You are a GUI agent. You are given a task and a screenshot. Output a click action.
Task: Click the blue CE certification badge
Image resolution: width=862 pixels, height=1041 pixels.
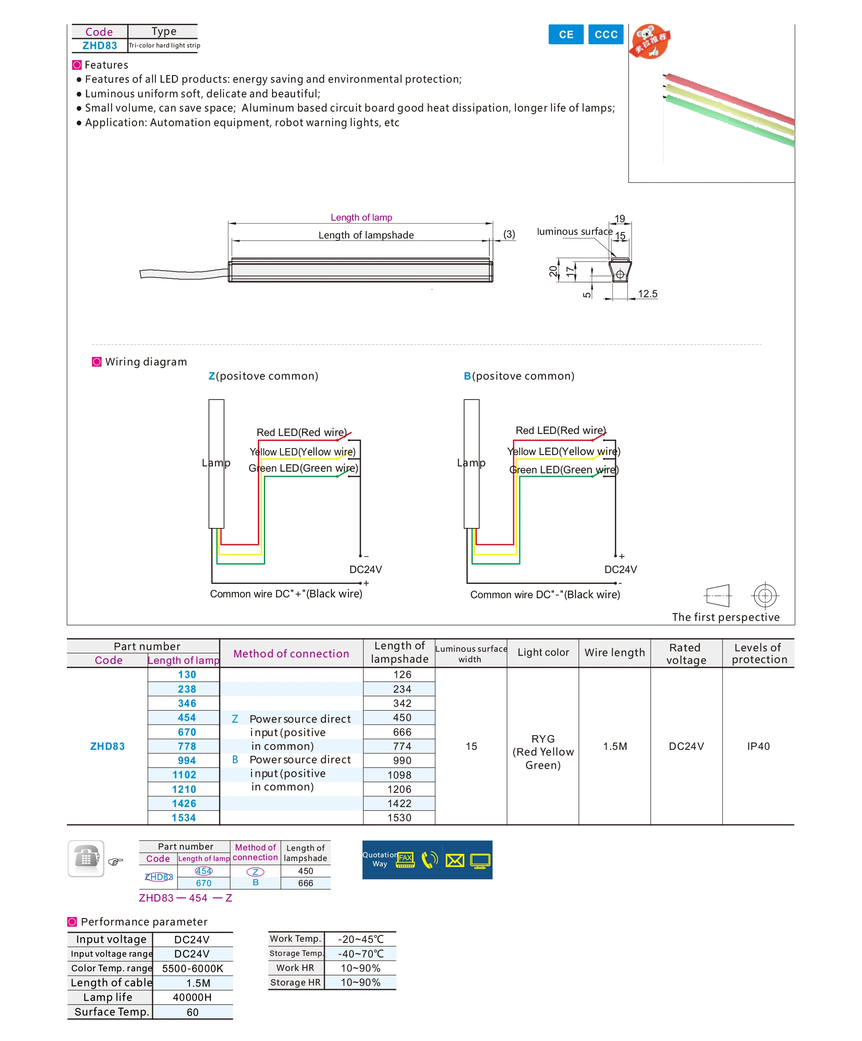click(x=566, y=34)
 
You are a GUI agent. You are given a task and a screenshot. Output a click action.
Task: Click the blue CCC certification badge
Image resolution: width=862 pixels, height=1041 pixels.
click(x=606, y=34)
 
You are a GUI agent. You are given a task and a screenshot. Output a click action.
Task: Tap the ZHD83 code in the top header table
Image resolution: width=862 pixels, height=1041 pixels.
click(x=100, y=45)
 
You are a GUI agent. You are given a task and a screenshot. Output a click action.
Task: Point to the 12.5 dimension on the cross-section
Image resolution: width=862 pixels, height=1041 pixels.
click(x=648, y=294)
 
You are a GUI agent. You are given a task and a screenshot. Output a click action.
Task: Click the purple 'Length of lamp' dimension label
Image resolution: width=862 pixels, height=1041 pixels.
click(x=361, y=218)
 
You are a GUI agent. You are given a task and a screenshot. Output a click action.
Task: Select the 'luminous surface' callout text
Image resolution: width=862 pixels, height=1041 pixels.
click(x=575, y=232)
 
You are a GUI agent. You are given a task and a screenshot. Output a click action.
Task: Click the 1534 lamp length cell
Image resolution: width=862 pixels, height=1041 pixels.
click(x=184, y=818)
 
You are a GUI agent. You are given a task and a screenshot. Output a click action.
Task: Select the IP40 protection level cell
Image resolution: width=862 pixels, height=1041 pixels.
click(x=758, y=746)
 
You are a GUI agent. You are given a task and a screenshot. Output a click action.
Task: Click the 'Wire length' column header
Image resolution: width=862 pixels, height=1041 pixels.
click(x=615, y=653)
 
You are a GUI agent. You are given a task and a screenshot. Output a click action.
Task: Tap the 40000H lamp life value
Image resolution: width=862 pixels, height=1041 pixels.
click(x=192, y=997)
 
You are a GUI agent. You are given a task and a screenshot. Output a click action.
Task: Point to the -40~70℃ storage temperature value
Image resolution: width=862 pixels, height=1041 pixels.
click(x=361, y=954)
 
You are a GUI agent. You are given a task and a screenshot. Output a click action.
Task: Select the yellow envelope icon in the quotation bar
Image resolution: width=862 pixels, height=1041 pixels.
click(x=455, y=860)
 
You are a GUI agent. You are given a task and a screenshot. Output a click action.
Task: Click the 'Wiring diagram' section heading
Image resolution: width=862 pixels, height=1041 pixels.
click(x=146, y=362)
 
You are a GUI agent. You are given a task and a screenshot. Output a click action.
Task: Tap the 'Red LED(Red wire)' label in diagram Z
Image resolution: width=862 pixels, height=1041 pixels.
click(x=301, y=432)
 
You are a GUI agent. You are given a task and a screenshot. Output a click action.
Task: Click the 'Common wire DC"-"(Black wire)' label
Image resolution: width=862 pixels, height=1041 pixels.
click(x=545, y=595)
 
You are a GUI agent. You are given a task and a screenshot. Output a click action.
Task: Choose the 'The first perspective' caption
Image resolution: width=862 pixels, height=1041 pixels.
click(x=726, y=617)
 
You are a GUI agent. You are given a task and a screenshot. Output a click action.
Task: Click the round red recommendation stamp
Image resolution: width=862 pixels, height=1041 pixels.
click(x=650, y=42)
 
